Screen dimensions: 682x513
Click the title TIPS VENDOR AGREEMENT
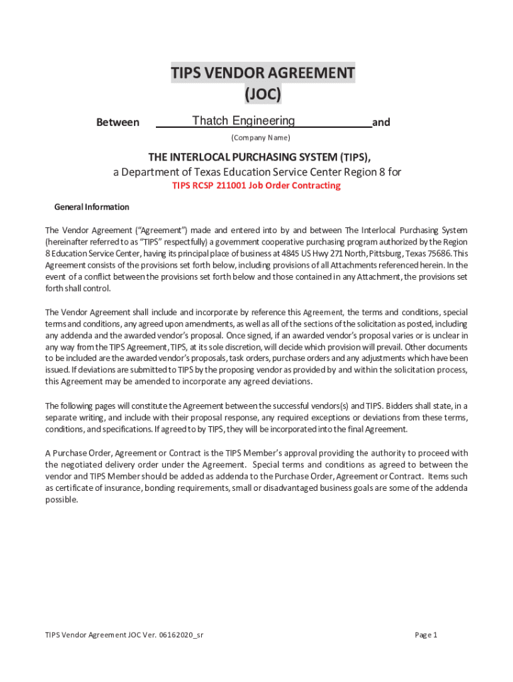[262, 73]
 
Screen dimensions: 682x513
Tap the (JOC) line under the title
[262, 95]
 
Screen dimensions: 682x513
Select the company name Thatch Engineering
[243, 121]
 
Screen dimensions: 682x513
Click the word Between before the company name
[118, 123]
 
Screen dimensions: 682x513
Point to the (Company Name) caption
[260, 138]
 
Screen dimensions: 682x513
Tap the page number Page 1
[426, 635]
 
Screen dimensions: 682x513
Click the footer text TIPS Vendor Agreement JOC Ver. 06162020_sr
[124, 635]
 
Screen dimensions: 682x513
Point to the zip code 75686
[440, 254]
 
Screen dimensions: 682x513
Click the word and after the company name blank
[381, 123]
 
